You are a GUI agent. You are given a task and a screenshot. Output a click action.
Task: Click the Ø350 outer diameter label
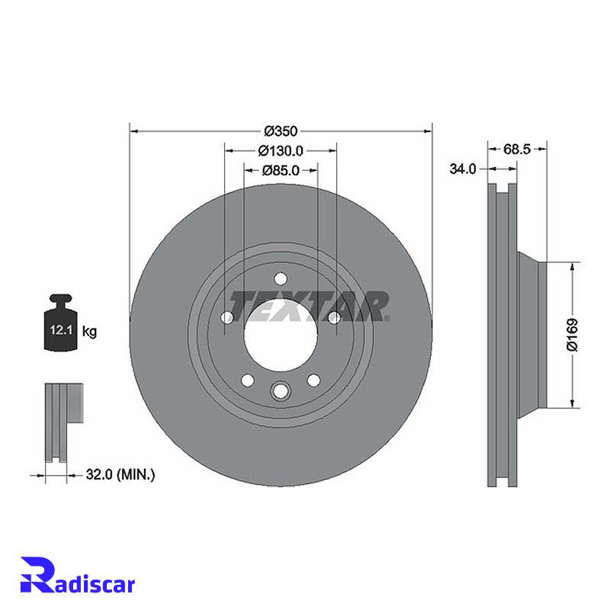[281, 131]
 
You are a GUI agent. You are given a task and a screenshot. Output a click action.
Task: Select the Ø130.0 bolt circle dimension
[281, 150]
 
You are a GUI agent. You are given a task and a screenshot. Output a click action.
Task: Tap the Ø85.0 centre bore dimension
[281, 170]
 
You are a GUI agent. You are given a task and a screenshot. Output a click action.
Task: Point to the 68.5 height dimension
[517, 149]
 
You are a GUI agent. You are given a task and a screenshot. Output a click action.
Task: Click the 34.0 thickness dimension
[463, 169]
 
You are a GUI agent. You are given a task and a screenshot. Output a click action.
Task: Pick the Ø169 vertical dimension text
[573, 335]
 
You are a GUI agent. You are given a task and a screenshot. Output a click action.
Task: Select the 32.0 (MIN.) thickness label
[120, 474]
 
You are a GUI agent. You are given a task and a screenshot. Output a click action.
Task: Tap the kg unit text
[89, 332]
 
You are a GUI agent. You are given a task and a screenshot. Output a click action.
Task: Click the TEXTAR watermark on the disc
[310, 307]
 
